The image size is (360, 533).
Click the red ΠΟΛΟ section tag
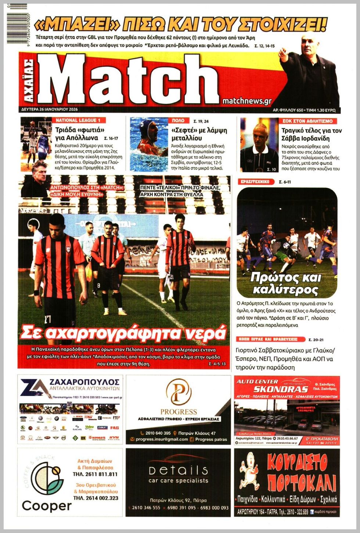[x=178, y=120]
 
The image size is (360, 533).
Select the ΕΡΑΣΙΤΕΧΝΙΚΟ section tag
[x=256, y=182]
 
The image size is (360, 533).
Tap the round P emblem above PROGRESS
[x=179, y=392]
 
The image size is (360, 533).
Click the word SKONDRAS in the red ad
[x=286, y=389]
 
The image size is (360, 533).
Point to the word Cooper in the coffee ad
[x=47, y=506]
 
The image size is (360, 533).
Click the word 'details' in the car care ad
[x=178, y=470]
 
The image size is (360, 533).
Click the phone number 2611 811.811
[x=95, y=474]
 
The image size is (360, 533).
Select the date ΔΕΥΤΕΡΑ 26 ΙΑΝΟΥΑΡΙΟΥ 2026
[x=50, y=109]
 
